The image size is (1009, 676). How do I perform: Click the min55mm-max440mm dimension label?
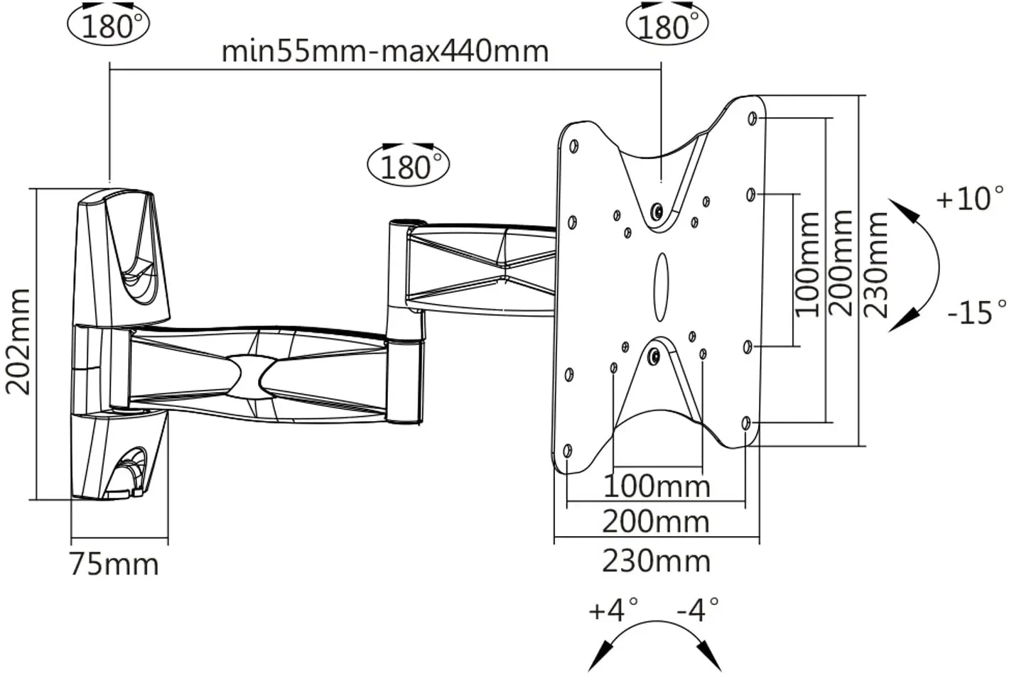tap(385, 51)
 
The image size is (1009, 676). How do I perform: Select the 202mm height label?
tap(18, 342)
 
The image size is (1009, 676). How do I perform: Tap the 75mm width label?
tap(114, 565)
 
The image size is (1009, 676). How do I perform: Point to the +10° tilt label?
tap(971, 199)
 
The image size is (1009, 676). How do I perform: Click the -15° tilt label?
tap(976, 312)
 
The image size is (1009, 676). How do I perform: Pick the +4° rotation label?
tap(613, 610)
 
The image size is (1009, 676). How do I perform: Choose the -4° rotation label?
tap(697, 609)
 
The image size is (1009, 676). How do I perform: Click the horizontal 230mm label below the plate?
tap(656, 561)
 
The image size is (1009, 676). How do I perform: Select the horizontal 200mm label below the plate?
tap(656, 522)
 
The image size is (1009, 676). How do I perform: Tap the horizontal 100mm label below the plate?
tap(657, 486)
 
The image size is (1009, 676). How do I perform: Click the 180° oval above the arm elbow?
tap(408, 166)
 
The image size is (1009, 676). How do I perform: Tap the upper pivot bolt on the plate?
tap(657, 212)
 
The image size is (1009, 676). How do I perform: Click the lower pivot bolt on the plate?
tap(655, 356)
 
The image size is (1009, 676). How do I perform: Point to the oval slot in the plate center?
tap(661, 283)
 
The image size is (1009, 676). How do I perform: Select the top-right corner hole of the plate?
tap(752, 118)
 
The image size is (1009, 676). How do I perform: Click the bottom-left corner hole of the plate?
tap(567, 450)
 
